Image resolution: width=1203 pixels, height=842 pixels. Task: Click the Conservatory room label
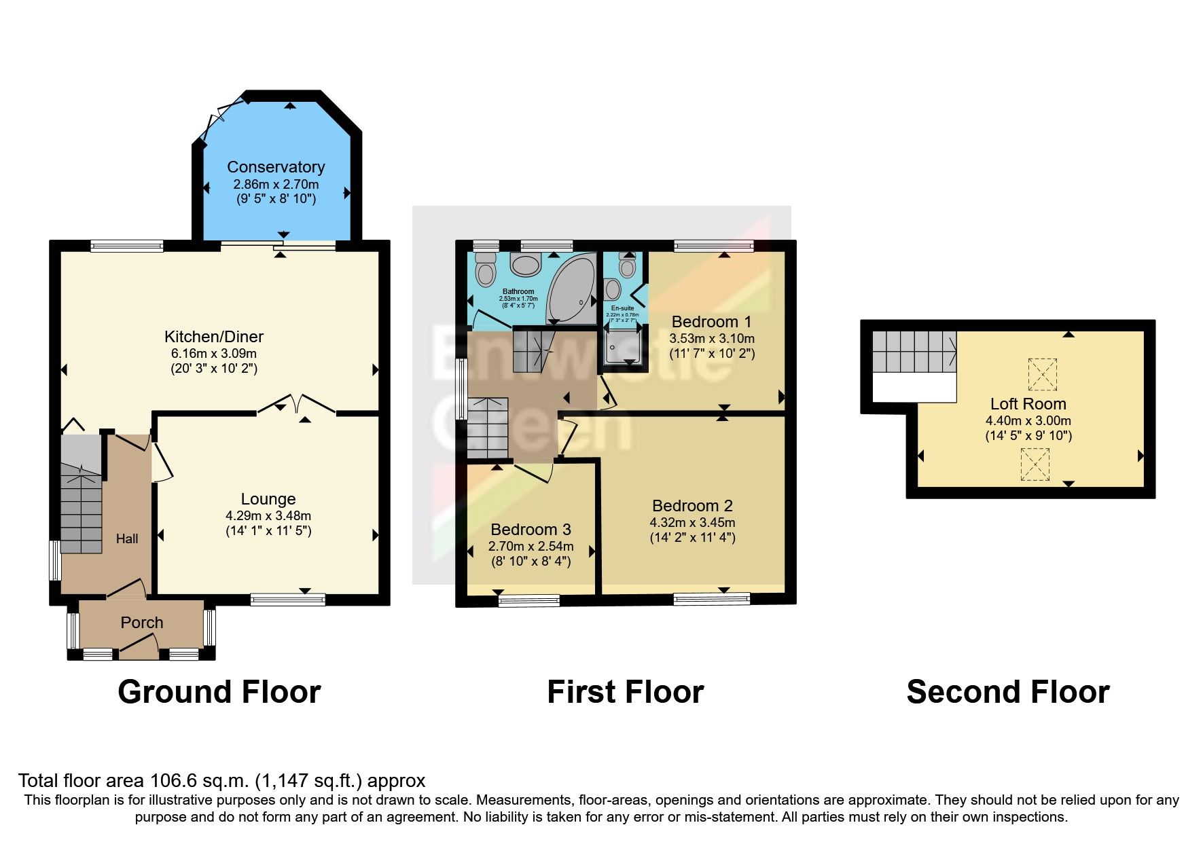(276, 167)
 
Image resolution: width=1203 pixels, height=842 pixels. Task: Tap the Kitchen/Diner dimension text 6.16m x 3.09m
(214, 354)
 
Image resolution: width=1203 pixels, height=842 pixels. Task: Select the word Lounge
(268, 500)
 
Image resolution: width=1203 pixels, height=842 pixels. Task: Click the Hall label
(127, 538)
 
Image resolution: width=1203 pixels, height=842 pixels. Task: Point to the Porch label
(142, 623)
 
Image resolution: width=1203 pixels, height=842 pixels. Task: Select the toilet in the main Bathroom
(485, 270)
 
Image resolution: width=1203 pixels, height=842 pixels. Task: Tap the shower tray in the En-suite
(622, 348)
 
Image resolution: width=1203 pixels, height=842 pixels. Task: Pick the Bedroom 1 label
(711, 322)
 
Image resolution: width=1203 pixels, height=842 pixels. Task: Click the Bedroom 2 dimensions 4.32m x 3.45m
(692, 522)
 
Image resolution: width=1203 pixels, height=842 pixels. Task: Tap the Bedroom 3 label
(531, 530)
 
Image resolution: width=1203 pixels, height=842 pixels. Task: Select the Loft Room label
(1028, 404)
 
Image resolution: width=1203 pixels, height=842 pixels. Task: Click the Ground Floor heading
(219, 693)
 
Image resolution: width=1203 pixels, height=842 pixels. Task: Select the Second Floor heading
(1007, 693)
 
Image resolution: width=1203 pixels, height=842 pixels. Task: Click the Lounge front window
(287, 599)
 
